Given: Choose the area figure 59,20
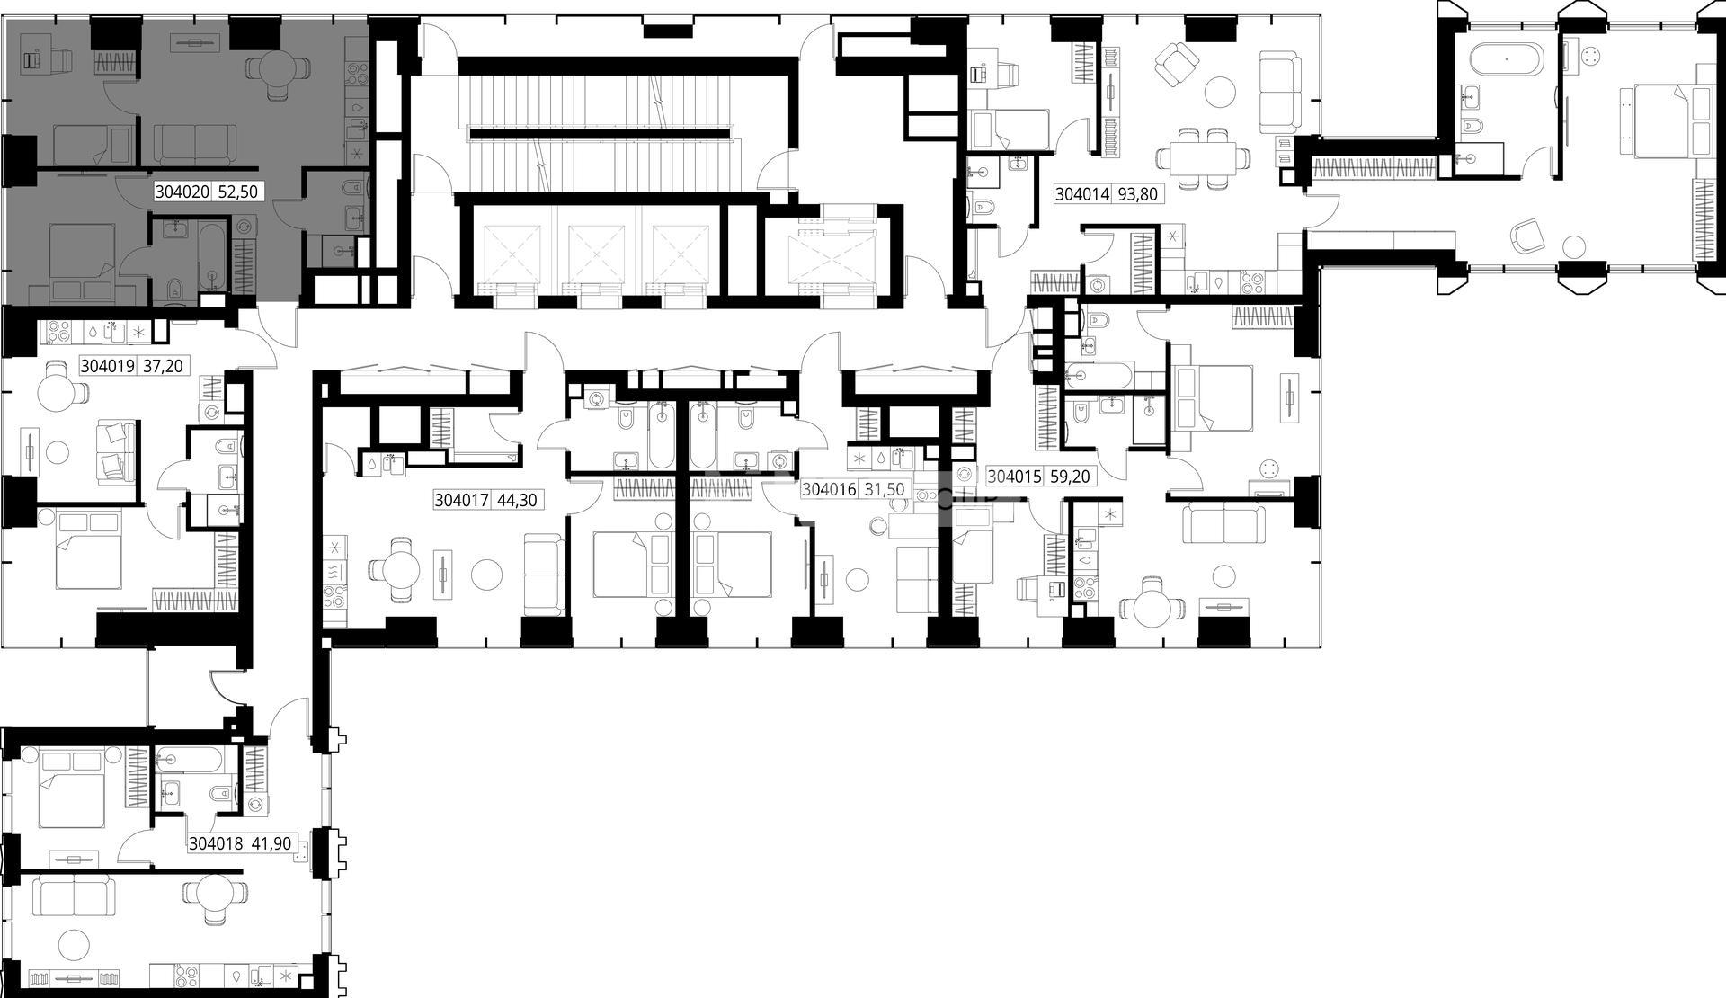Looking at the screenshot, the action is tap(1070, 477).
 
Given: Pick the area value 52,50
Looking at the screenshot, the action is tap(238, 192).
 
